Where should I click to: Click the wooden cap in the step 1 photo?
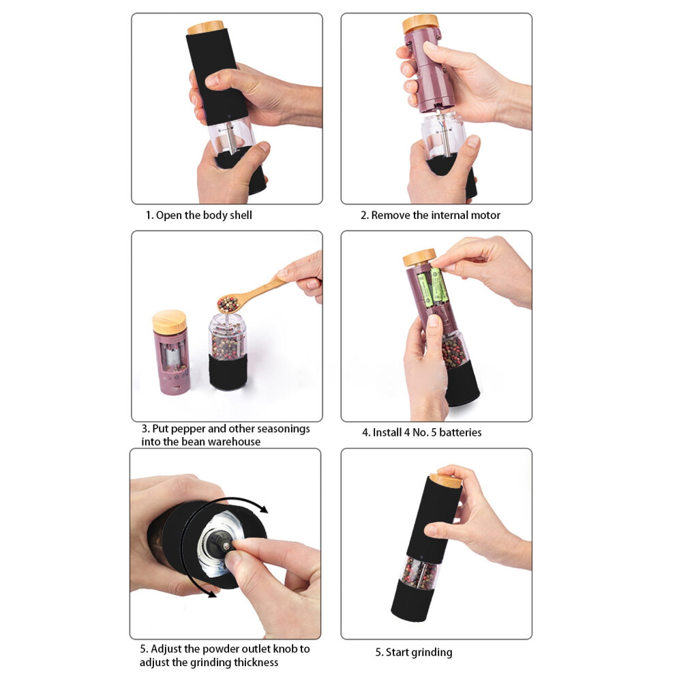(206, 27)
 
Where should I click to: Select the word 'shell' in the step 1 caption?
(241, 215)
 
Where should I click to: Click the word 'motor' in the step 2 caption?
(485, 215)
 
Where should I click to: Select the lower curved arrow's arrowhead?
(211, 595)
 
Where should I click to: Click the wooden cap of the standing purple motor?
(170, 322)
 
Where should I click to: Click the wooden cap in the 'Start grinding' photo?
(446, 479)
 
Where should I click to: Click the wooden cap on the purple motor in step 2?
(420, 24)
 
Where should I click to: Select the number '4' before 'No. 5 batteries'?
(407, 432)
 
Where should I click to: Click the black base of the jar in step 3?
(228, 372)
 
